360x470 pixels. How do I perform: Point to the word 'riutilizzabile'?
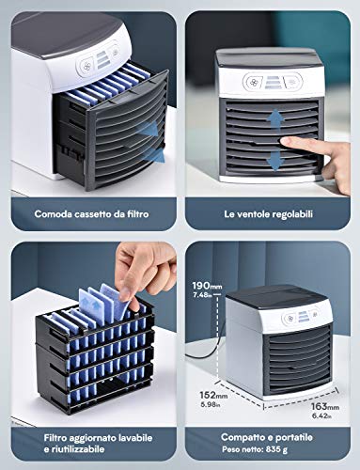click(x=77, y=449)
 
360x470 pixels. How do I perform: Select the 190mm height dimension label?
click(x=207, y=286)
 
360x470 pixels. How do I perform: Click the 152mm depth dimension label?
click(x=213, y=395)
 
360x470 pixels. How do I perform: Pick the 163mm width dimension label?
click(x=325, y=406)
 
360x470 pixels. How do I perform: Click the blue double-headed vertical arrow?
click(x=275, y=140)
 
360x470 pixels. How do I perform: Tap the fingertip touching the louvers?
click(x=285, y=143)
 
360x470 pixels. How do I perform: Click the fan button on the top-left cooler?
click(x=85, y=66)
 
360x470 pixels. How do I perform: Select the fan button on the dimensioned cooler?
click(x=290, y=319)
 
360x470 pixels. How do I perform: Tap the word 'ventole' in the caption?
click(x=253, y=214)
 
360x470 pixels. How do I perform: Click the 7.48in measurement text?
click(x=202, y=295)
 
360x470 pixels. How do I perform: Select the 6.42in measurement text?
click(x=321, y=415)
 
